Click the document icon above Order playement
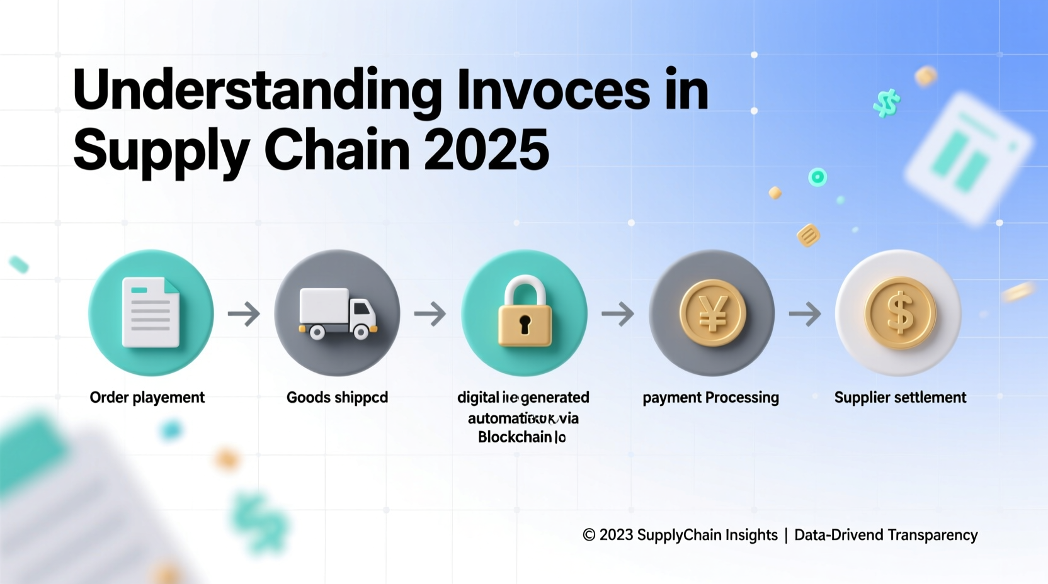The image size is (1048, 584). point(151,313)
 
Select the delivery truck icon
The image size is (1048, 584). point(338,313)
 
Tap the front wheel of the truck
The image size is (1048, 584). point(361,331)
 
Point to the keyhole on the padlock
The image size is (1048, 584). point(525,325)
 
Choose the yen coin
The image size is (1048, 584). point(712,313)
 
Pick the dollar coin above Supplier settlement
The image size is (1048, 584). point(899,313)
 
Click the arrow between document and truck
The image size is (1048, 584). point(244,313)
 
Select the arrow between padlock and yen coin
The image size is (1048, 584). point(618,313)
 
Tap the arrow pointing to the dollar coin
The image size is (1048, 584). point(805,313)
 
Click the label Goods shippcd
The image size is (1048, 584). point(337,398)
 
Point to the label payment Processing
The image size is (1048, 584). point(710,398)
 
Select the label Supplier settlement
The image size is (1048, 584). point(900,398)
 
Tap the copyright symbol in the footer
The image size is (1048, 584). point(589,535)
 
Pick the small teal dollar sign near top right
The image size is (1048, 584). point(887,103)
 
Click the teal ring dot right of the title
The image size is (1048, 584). point(817,177)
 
